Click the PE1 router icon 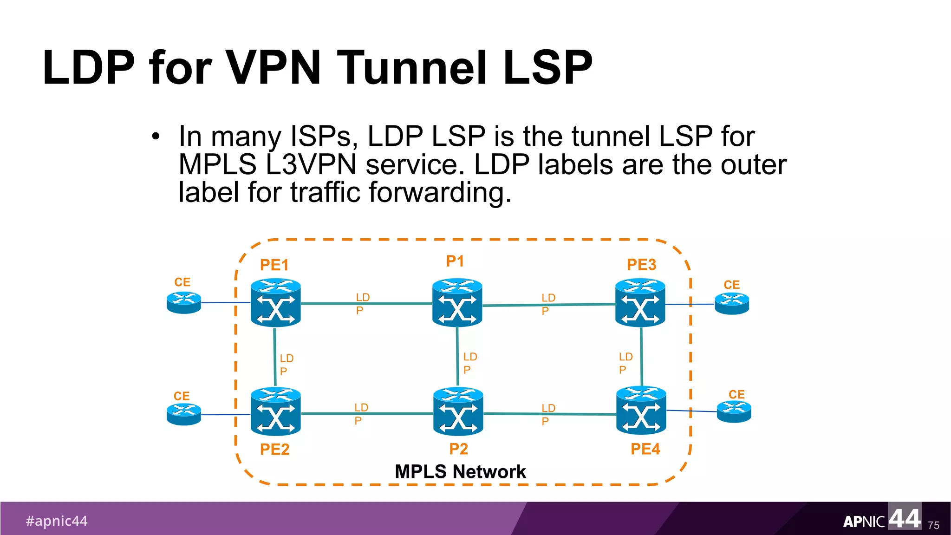275,303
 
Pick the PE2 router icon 275,411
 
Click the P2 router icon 458,411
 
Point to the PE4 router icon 641,411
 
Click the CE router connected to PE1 184,303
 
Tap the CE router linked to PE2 184,414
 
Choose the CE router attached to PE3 732,304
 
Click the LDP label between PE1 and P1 362,304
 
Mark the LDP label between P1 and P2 469,363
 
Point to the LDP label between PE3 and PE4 625,363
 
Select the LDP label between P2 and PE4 548,414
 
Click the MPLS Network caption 460,471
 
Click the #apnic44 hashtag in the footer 57,521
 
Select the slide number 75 933,525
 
